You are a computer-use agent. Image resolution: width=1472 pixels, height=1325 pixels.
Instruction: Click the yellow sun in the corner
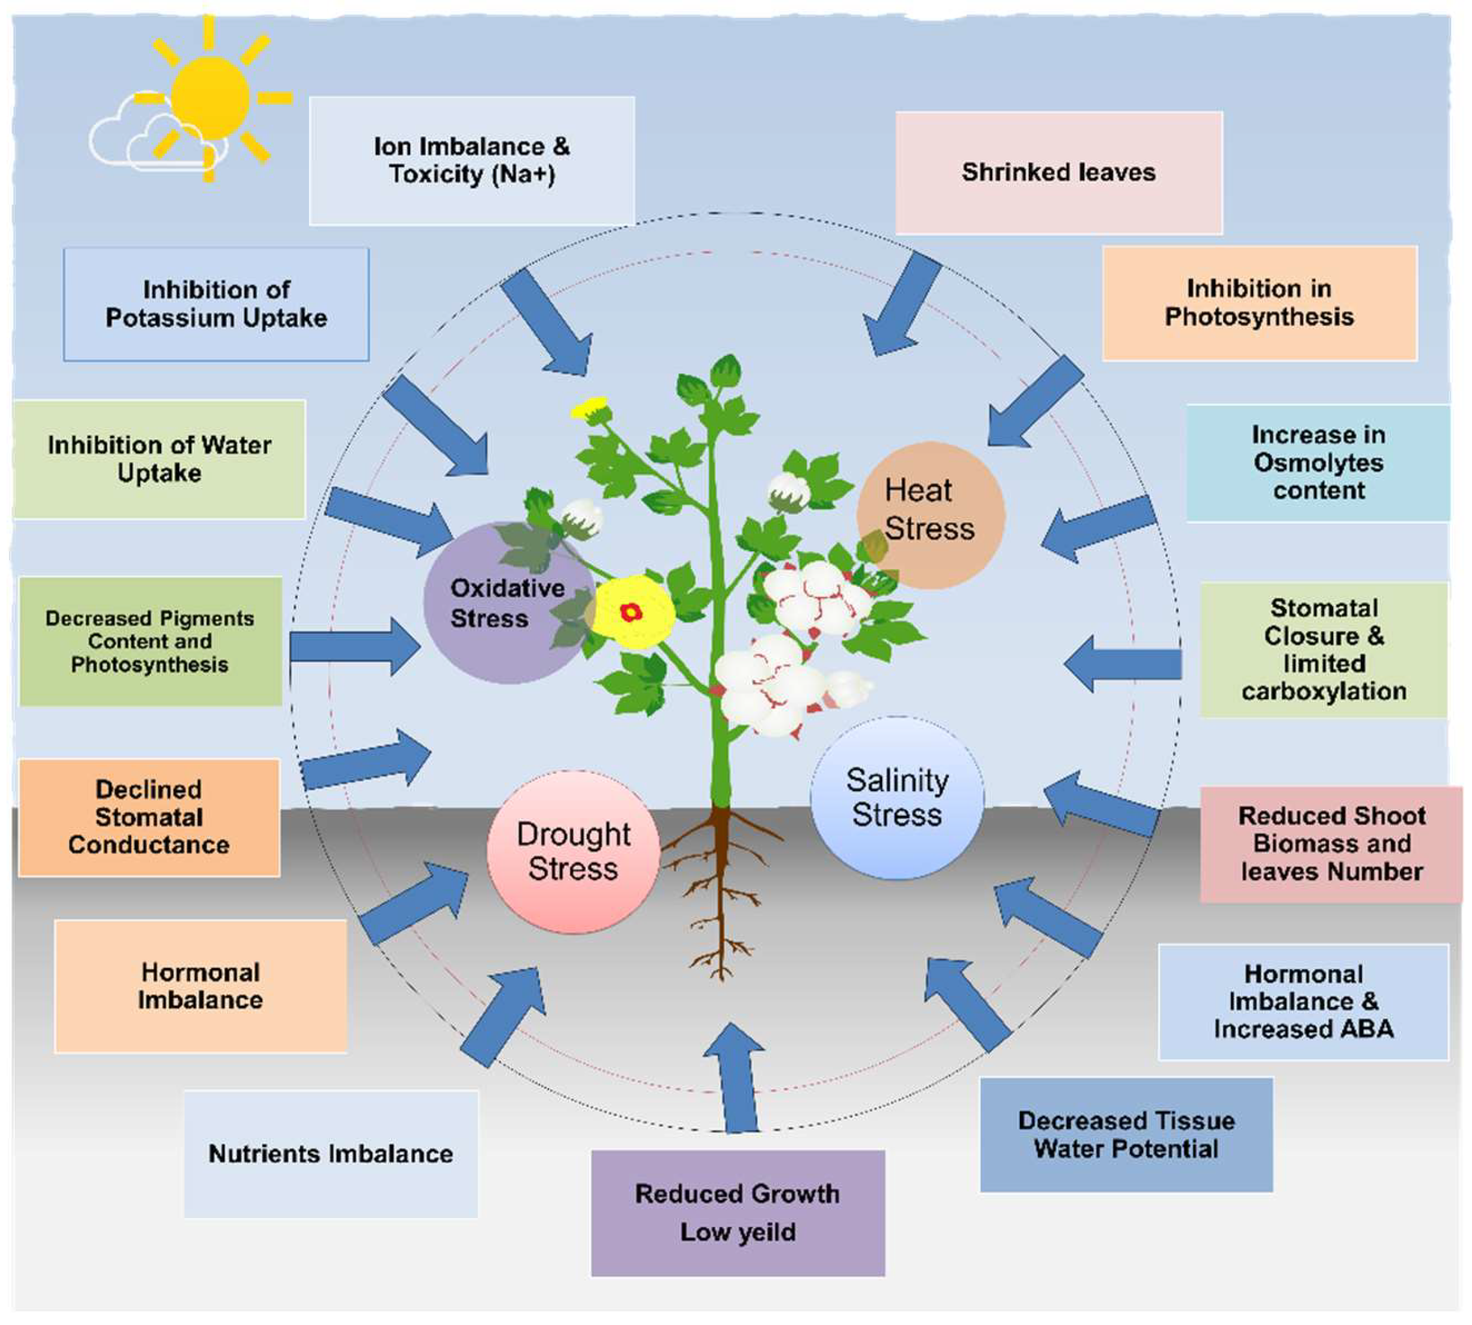coord(211,98)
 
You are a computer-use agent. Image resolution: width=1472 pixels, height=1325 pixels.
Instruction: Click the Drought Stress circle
coord(574,852)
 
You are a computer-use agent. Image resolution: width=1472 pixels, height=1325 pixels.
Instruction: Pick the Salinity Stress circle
coord(897,798)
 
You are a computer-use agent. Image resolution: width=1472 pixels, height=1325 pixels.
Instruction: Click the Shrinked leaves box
coord(1058,173)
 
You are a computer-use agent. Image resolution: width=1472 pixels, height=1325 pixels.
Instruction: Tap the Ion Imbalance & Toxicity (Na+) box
coord(472,161)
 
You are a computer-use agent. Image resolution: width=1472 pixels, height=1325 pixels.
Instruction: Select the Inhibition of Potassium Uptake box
coord(216,304)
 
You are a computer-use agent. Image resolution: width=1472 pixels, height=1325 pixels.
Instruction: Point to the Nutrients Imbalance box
coord(330,1154)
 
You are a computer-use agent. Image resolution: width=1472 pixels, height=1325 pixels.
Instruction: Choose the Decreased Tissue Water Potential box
coord(1126,1135)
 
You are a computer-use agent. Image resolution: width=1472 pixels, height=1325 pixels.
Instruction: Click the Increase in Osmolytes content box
coord(1318,463)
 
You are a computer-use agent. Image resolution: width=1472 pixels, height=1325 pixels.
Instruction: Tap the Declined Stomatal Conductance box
coord(150,817)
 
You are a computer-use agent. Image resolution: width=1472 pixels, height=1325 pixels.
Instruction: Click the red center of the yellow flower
coord(631,612)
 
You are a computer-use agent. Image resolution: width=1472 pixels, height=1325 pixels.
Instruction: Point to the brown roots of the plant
coord(721,892)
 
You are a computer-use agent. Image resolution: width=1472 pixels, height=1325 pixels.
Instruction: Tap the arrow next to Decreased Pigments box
coord(355,647)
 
